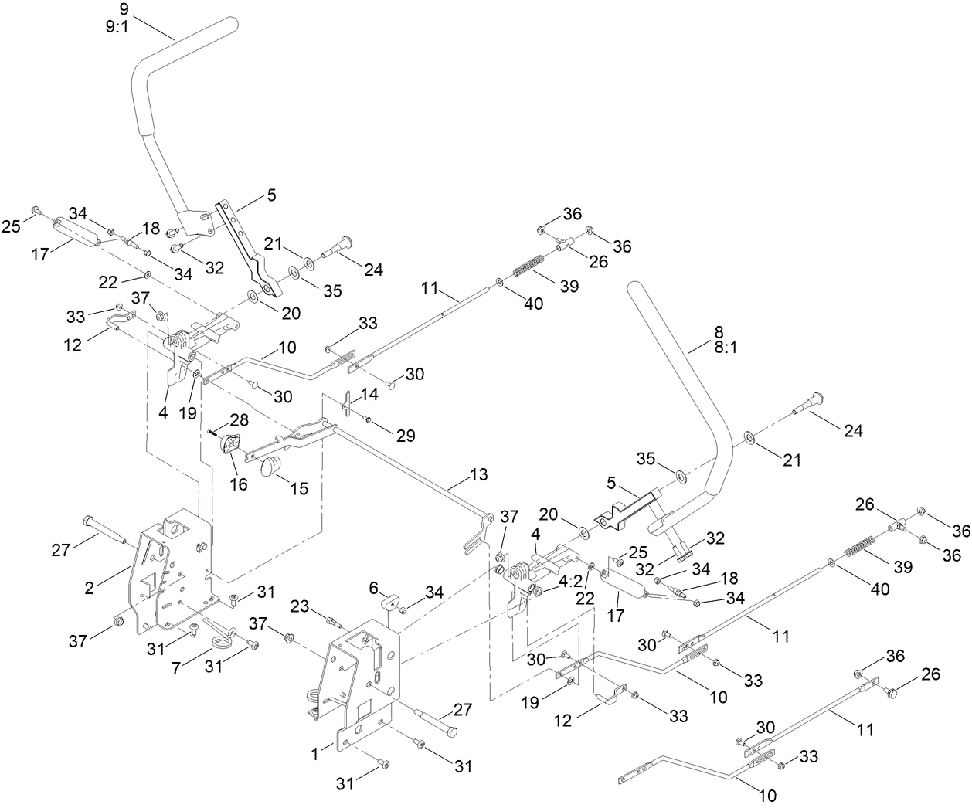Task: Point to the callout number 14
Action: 369,394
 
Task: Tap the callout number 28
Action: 239,419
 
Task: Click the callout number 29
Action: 405,436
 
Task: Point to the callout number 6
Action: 374,588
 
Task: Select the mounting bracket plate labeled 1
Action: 363,680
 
